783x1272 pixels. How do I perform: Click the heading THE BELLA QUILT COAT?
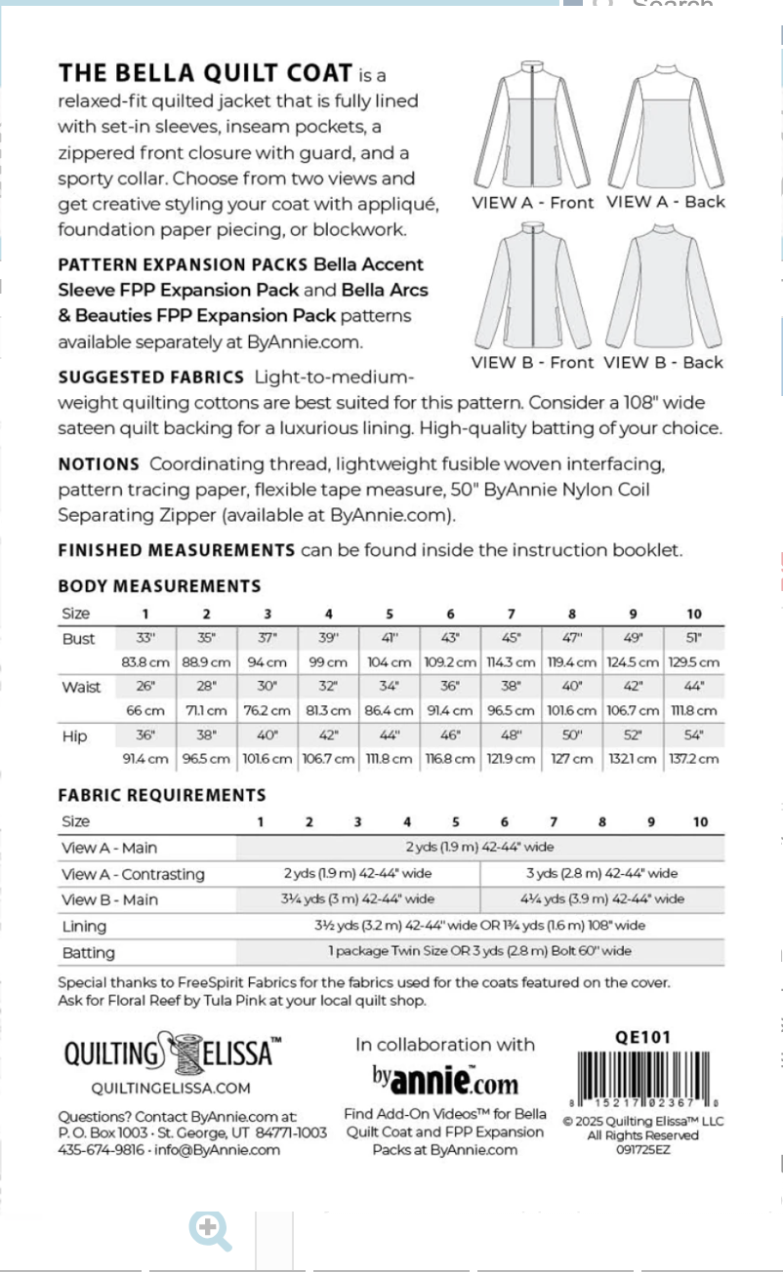205,73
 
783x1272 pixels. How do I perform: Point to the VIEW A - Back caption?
665,202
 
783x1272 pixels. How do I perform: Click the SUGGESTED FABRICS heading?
150,377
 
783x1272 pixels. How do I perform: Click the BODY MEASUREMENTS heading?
159,586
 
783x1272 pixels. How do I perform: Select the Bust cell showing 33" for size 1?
145,639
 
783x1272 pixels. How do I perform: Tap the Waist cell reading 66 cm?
145,711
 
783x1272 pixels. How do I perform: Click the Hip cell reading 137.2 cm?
693,759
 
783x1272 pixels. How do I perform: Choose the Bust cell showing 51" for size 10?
693,639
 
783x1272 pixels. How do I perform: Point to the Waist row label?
81,687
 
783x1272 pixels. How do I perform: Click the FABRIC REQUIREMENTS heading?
161,795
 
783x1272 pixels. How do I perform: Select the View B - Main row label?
109,899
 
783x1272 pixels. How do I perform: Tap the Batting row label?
88,952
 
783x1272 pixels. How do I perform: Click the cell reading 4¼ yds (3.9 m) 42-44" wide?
601,899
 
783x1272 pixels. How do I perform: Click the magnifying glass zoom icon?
210,1231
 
